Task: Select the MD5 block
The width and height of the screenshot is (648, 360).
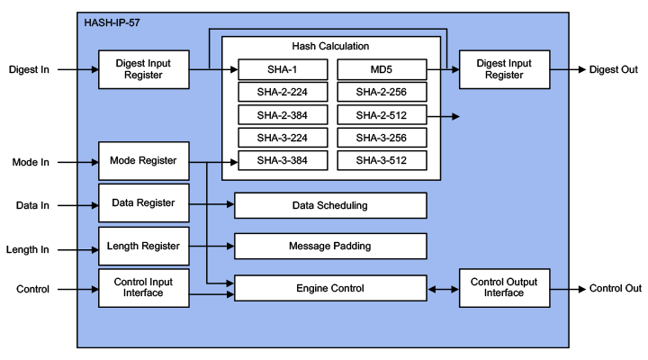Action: [382, 69]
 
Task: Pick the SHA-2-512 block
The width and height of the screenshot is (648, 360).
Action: [382, 115]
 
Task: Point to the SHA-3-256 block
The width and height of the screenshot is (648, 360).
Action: [382, 138]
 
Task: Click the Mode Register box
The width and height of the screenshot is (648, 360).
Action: [144, 161]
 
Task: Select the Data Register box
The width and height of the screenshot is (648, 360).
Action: [144, 202]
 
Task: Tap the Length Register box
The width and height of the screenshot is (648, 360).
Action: [144, 246]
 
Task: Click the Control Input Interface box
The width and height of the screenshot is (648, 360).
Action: [144, 288]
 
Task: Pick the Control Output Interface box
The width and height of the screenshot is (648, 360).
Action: [503, 288]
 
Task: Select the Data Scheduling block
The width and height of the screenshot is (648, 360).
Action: [330, 205]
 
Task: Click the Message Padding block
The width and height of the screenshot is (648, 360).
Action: [330, 246]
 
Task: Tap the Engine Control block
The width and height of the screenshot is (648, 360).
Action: [330, 288]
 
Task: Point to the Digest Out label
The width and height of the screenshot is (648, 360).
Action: [614, 69]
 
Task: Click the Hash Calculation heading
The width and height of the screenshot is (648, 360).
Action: [330, 46]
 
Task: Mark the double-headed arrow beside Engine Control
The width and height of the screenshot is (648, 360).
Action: [443, 289]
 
